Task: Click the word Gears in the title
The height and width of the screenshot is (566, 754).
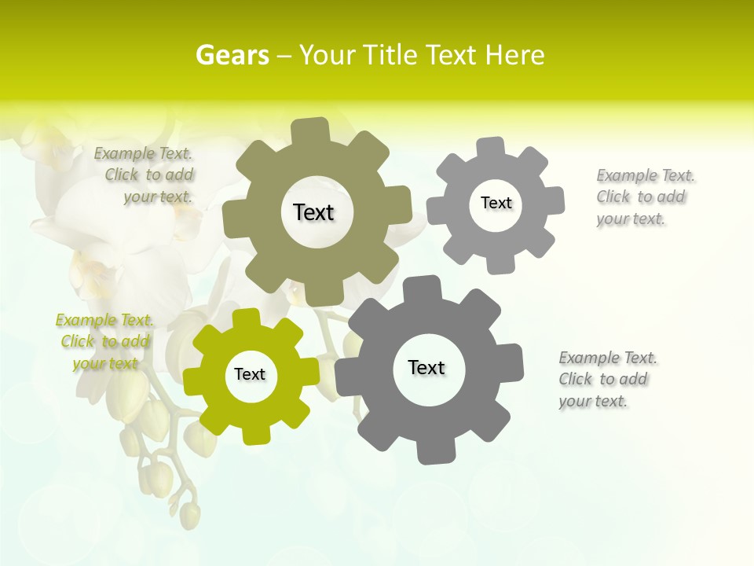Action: (x=232, y=55)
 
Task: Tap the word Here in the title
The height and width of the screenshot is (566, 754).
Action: (x=514, y=55)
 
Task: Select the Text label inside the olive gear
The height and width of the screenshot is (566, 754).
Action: (x=313, y=212)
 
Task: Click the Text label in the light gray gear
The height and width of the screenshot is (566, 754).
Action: (x=496, y=203)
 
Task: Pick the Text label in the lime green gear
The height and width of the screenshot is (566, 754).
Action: (x=250, y=374)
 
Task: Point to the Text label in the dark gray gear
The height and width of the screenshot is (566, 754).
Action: (x=426, y=367)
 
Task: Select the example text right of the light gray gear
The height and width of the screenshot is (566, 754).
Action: (x=642, y=197)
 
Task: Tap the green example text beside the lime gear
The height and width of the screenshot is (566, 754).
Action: (x=104, y=341)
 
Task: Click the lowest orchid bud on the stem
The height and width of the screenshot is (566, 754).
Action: (x=189, y=515)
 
